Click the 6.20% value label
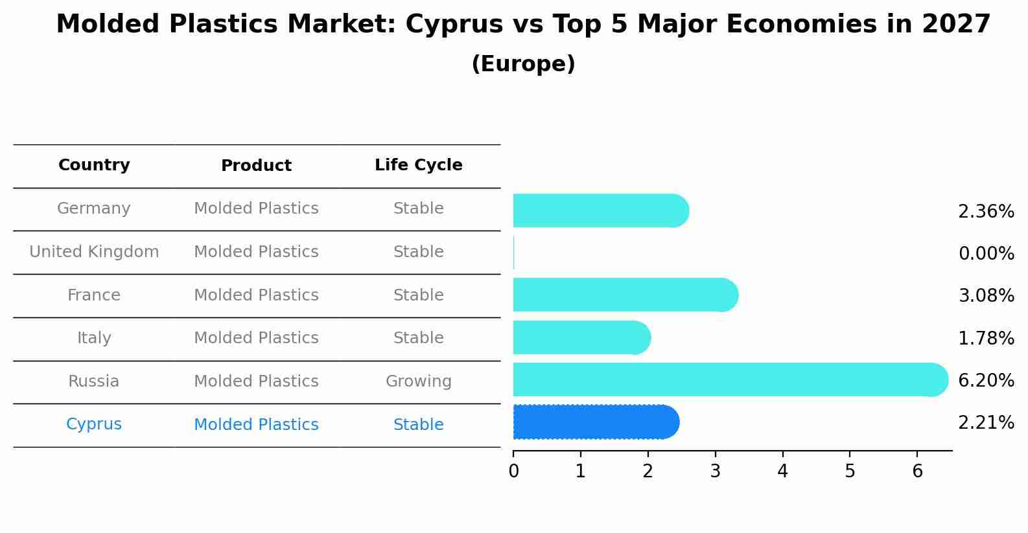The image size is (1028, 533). click(986, 380)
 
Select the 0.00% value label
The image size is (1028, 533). click(986, 253)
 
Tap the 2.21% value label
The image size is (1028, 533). click(986, 423)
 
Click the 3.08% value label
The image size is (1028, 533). click(986, 295)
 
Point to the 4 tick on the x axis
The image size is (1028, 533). click(782, 471)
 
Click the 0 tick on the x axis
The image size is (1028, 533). click(513, 471)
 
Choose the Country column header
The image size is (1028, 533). click(94, 165)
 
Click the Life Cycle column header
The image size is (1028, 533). click(418, 165)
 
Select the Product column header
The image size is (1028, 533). click(256, 166)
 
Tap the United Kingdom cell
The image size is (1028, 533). click(94, 252)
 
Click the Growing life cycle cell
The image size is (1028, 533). click(418, 381)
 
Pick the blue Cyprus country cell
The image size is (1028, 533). click(94, 424)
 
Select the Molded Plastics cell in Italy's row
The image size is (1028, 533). click(256, 338)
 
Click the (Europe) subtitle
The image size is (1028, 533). click(523, 64)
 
